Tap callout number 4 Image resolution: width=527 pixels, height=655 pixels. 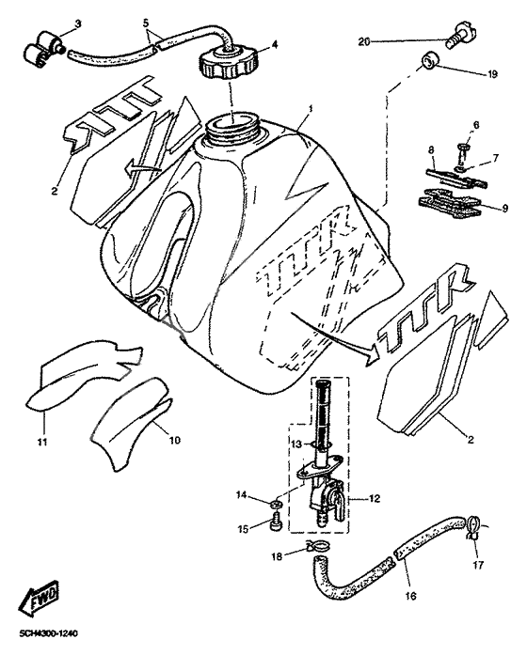tap(274, 43)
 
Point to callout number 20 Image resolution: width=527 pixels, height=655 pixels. tap(364, 42)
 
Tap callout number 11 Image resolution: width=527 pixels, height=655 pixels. tap(41, 441)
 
